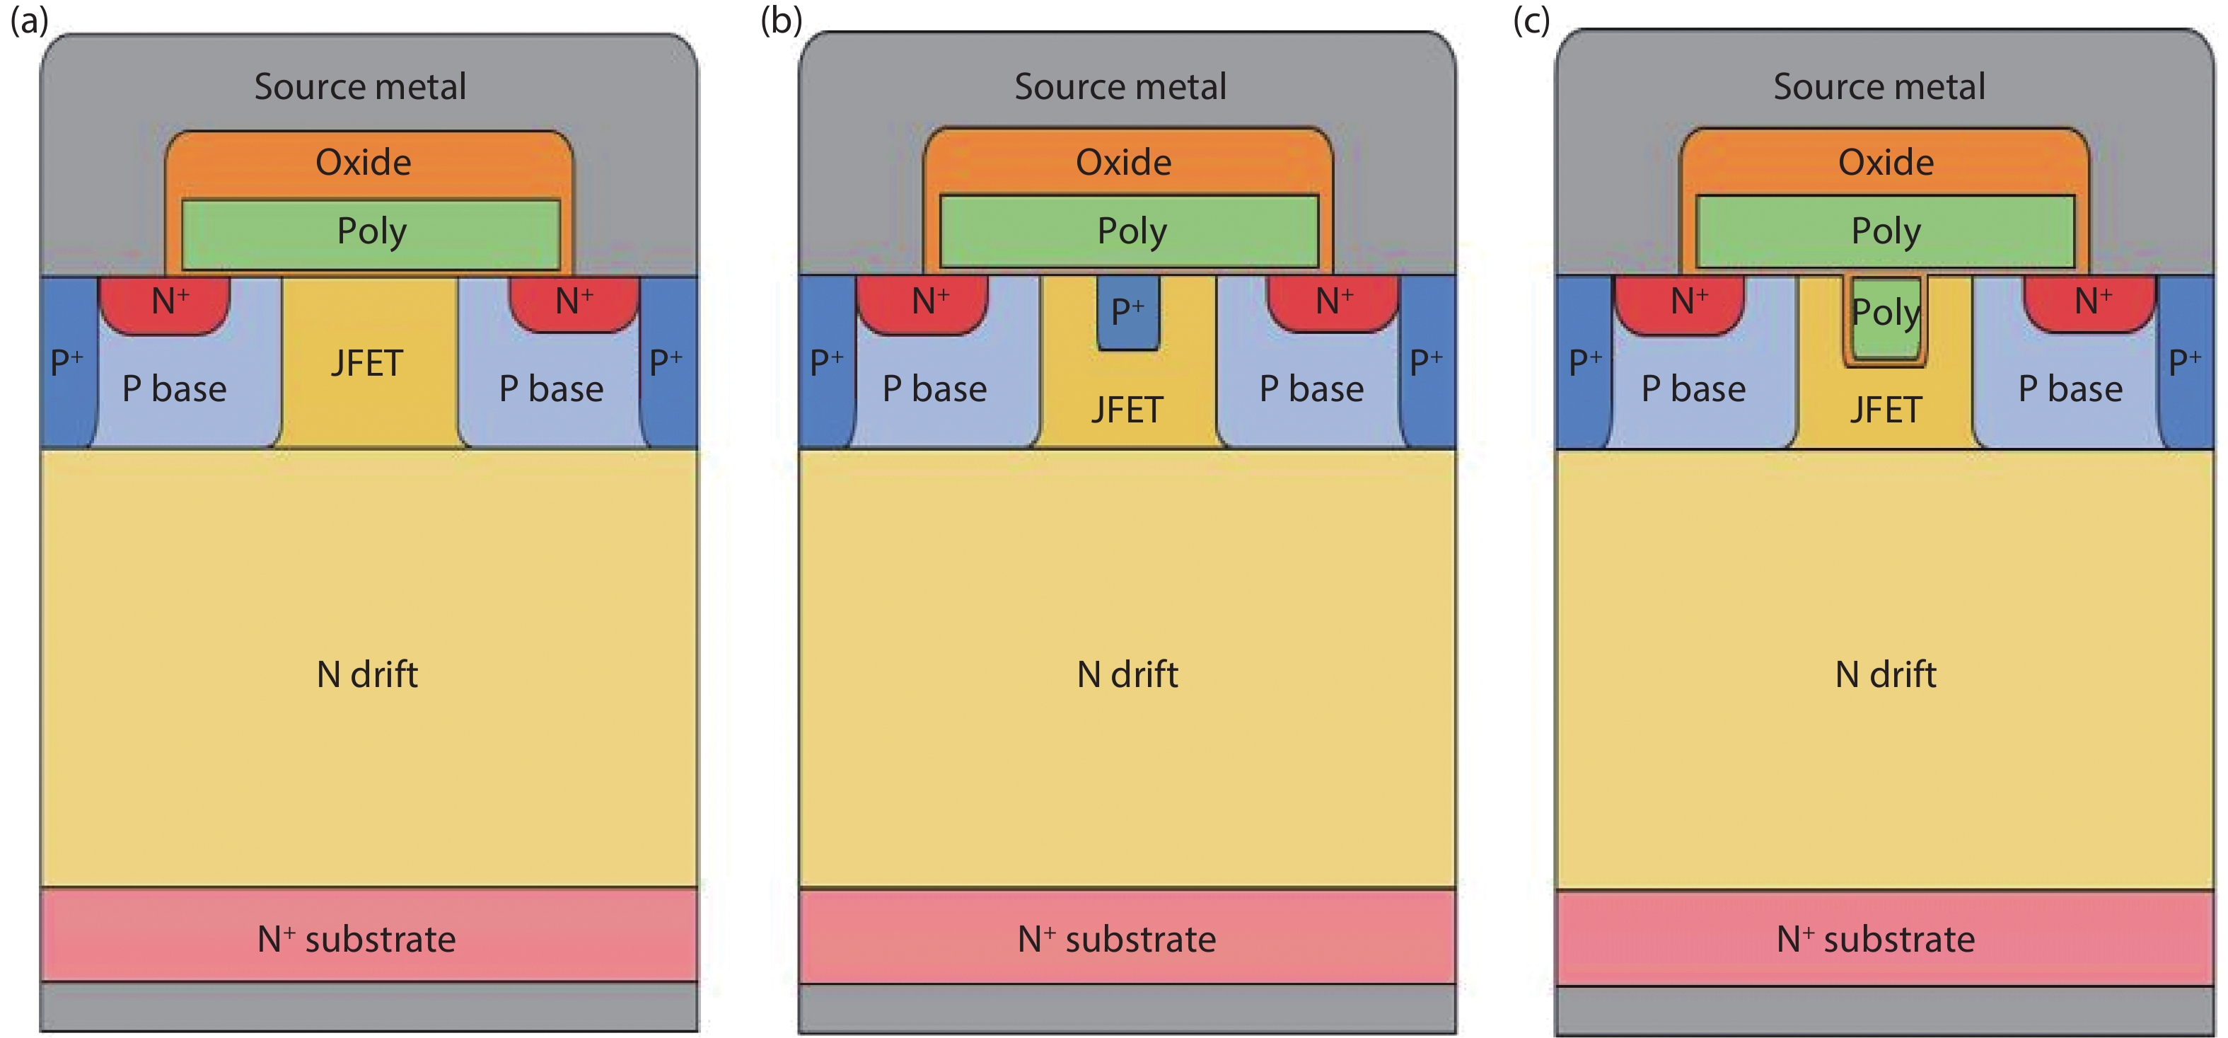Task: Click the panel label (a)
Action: pyautogui.click(x=28, y=20)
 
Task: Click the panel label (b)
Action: pyautogui.click(x=781, y=20)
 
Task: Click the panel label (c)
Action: pyautogui.click(x=1531, y=20)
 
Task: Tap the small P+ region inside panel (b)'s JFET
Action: pyautogui.click(x=1128, y=312)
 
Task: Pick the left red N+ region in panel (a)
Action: pyautogui.click(x=166, y=303)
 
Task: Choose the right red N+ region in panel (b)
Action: pyautogui.click(x=1333, y=303)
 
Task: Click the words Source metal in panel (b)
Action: pyautogui.click(x=1120, y=86)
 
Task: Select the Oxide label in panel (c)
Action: pyautogui.click(x=1886, y=163)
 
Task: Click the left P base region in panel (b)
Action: pyautogui.click(x=934, y=389)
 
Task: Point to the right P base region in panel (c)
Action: pyautogui.click(x=2070, y=389)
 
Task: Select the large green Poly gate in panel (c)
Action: pyautogui.click(x=1886, y=232)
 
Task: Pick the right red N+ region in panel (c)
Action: pyautogui.click(x=2091, y=303)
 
